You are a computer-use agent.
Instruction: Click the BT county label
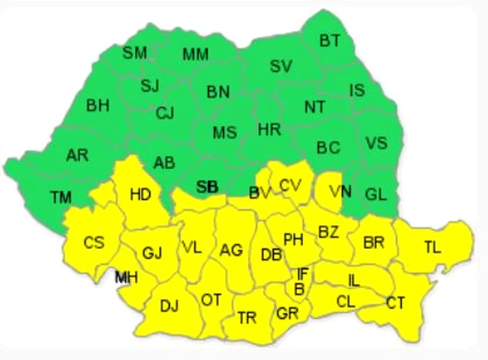coord(330,41)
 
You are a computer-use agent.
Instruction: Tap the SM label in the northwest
coord(135,52)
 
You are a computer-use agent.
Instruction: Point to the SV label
coord(281,66)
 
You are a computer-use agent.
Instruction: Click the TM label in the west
coord(61,197)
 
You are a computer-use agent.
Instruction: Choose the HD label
coord(140,194)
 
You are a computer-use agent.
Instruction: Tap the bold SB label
coord(207,186)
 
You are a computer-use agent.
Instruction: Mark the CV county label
coord(289,185)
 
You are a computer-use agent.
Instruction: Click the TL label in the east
coord(432,246)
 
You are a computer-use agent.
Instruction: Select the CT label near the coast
coord(395,303)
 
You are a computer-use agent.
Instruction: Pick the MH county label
coord(126,278)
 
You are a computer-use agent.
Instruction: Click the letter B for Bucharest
coord(299,289)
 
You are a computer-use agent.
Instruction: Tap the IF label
coord(302,273)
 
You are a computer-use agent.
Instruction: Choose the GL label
coord(376,195)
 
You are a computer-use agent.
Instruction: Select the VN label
coord(341,191)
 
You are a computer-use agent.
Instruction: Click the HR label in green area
coord(268,129)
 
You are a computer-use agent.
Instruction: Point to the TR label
coord(247,317)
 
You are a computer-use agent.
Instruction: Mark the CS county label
coord(93,243)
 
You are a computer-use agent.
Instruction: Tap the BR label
coord(374,242)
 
